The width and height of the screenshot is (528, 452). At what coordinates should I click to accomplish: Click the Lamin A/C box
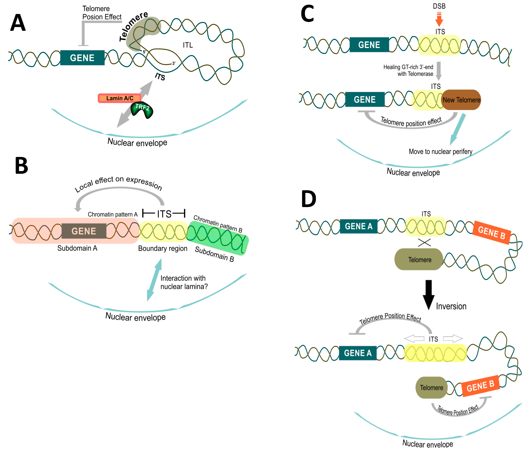119,98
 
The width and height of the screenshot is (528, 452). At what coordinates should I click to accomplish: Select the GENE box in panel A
82,58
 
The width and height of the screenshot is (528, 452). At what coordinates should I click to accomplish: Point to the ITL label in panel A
188,45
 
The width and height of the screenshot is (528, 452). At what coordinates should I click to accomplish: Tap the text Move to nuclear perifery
440,151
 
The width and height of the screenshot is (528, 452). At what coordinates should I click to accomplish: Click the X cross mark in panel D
424,242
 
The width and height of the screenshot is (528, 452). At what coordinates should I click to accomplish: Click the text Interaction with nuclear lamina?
184,282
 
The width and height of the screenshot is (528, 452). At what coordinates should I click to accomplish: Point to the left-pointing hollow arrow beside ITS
414,339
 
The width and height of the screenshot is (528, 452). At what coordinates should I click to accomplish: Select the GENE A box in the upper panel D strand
359,226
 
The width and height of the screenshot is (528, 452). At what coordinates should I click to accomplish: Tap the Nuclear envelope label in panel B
135,317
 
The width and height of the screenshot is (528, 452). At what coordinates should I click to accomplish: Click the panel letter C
307,14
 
